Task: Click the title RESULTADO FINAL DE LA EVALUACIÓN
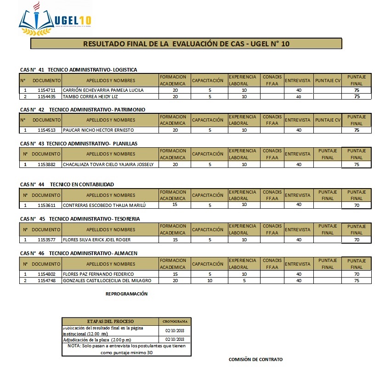tap(186, 44)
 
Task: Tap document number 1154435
tap(46, 97)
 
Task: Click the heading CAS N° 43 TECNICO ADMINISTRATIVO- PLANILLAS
tap(79, 144)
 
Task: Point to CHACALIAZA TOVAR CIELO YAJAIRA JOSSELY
tap(108, 164)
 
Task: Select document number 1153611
tap(46, 206)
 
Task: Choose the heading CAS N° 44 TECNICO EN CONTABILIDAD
tap(67, 184)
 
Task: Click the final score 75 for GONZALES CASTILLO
tap(357, 281)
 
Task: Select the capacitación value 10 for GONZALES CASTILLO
tap(210, 281)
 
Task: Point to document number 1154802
tap(46, 274)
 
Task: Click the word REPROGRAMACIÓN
tap(126, 294)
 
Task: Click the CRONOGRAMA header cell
tap(174, 322)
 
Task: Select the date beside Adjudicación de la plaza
tap(174, 340)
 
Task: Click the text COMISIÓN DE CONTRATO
tap(255, 360)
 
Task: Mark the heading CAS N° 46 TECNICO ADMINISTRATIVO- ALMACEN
tap(79, 253)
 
